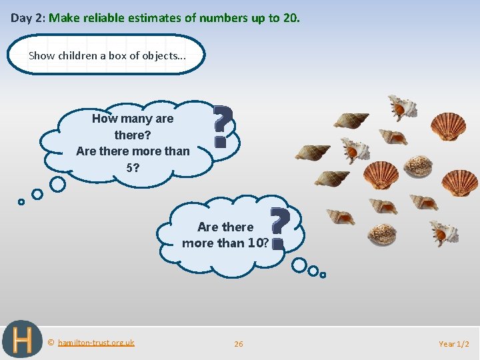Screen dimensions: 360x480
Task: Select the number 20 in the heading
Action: pyautogui.click(x=290, y=18)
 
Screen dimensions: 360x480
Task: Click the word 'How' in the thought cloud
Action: pyautogui.click(x=105, y=119)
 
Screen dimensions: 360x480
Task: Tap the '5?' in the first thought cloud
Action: pyautogui.click(x=133, y=167)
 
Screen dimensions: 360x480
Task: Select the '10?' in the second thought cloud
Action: pyautogui.click(x=257, y=243)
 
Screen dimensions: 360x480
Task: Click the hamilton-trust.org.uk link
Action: pyautogui.click(x=96, y=343)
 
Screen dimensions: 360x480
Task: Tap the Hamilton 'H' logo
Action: pyautogui.click(x=22, y=340)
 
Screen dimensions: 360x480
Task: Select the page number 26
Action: pyautogui.click(x=239, y=344)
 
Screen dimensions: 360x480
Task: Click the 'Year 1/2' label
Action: pyautogui.click(x=453, y=344)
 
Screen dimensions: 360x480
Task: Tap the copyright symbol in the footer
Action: pyautogui.click(x=51, y=343)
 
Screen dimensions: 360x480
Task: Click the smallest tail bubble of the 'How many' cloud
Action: pyautogui.click(x=21, y=201)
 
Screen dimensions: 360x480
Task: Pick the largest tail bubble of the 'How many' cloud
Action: pyautogui.click(x=58, y=183)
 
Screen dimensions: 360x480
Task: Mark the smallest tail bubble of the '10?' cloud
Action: pyautogui.click(x=323, y=274)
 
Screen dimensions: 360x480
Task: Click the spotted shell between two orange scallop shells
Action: pyautogui.click(x=418, y=165)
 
